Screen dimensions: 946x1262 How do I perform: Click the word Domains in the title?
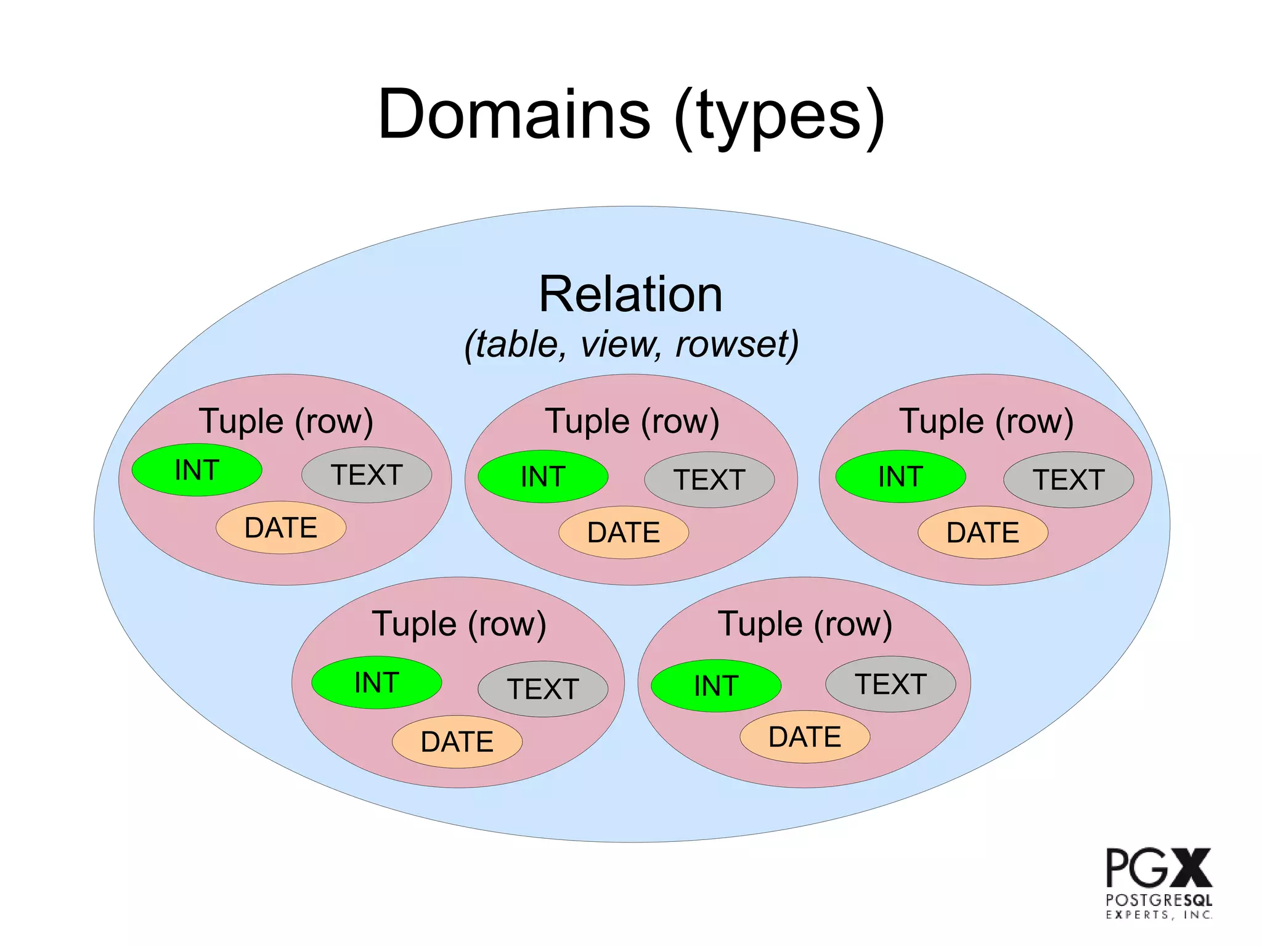tap(515, 115)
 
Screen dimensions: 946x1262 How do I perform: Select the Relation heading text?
tap(630, 295)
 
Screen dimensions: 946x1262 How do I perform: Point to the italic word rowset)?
tap(737, 344)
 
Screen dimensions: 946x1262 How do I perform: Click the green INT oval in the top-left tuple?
tap(197, 470)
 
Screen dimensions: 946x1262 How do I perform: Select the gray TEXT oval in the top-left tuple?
tap(367, 475)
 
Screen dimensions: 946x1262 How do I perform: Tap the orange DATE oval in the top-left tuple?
tap(281, 528)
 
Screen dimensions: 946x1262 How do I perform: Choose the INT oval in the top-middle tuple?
tap(543, 476)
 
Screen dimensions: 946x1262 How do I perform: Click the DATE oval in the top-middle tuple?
tap(624, 532)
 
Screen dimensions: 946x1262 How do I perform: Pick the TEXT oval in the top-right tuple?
tap(1069, 480)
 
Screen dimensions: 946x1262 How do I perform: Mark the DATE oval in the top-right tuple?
tap(983, 532)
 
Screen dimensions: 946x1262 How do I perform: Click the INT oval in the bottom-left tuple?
tap(377, 683)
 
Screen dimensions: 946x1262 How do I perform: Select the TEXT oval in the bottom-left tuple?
tap(543, 689)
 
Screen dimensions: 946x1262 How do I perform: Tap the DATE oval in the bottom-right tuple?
tap(805, 737)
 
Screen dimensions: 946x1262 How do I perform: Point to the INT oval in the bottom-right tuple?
tap(716, 686)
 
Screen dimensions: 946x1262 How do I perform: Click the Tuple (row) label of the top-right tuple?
tap(987, 422)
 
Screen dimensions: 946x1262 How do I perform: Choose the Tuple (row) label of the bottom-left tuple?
tap(459, 624)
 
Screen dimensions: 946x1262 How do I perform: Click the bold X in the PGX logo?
tap(1191, 868)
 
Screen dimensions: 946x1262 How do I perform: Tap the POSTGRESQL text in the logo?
tap(1158, 900)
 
